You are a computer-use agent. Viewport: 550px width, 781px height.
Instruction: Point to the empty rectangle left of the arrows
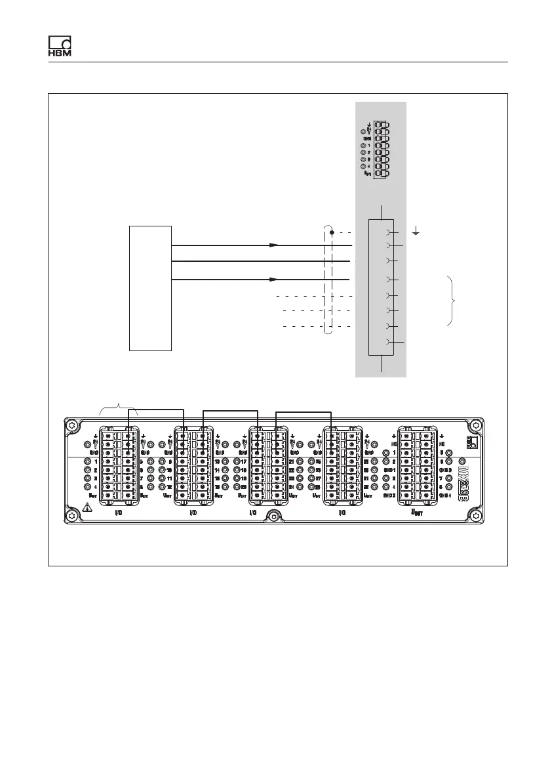150,288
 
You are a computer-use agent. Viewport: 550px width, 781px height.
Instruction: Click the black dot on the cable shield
332,232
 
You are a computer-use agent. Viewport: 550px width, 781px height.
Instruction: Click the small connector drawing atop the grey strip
379,150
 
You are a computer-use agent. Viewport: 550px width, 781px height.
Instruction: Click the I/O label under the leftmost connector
119,512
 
